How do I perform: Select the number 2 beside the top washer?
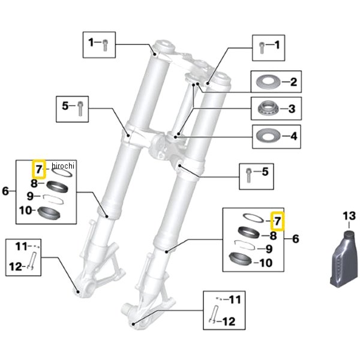tap(293, 82)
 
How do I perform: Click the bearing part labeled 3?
tap(268, 109)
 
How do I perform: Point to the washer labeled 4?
tap(268, 136)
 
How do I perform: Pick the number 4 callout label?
tap(293, 136)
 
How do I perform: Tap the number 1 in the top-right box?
tap(277, 44)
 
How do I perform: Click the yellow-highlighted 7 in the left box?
tap(38, 170)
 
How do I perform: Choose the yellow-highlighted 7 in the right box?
tap(277, 221)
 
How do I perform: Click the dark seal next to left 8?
tap(56, 185)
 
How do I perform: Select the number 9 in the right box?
tap(268, 248)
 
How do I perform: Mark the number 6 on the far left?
tap(5, 191)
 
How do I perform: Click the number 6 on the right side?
tap(295, 239)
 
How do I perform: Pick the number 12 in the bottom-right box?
tap(229, 321)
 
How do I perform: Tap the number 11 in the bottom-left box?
tap(22, 247)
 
